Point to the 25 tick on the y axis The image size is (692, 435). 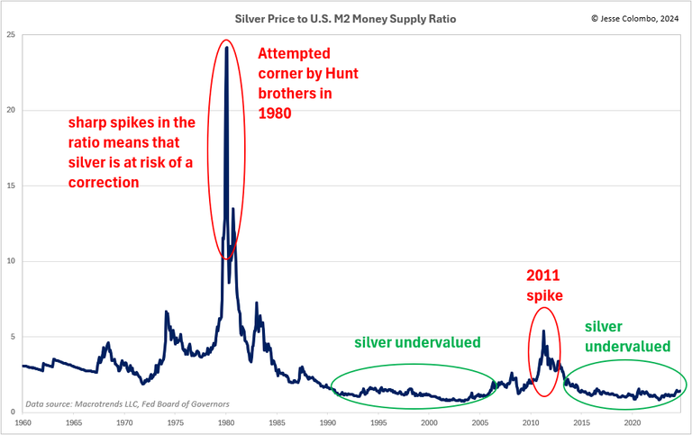click(11, 35)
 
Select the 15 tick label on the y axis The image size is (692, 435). click(11, 186)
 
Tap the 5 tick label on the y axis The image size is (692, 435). click(13, 337)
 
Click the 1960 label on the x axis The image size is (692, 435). click(23, 421)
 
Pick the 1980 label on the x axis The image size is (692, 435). click(226, 421)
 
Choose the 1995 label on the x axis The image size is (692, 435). click(378, 421)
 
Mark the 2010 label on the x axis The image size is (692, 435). click(531, 421)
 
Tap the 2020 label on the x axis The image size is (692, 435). click(633, 421)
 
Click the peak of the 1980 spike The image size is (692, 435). click(226, 48)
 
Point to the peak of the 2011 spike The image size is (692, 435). click(543, 331)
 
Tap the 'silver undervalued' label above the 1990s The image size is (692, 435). click(417, 342)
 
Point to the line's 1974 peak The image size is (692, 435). click(166, 312)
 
